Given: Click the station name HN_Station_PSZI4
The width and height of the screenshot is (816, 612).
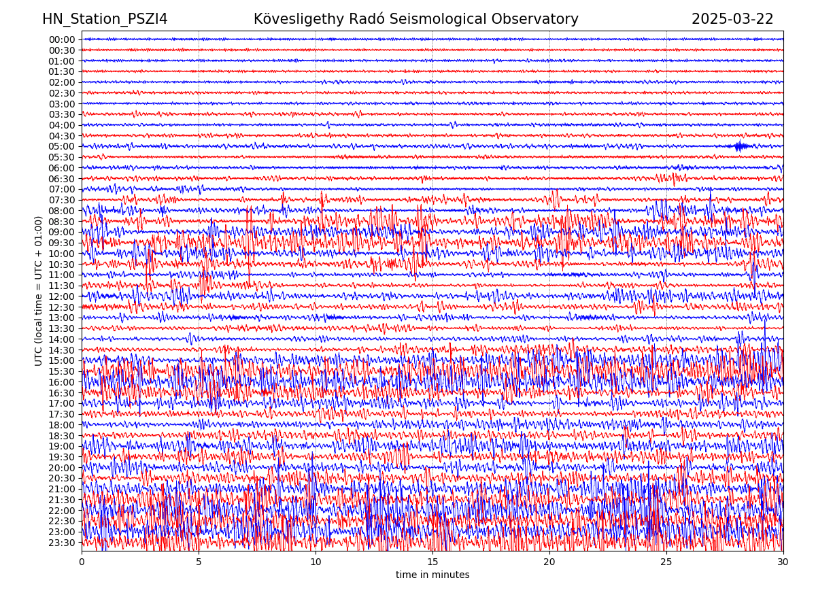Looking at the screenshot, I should (105, 19).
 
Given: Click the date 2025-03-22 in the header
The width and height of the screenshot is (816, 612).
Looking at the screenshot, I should (732, 19).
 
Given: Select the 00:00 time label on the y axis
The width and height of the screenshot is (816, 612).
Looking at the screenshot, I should (62, 39).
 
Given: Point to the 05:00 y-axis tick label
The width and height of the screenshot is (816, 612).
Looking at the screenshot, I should (62, 146).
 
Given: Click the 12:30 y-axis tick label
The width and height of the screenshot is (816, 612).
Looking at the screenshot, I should (62, 307).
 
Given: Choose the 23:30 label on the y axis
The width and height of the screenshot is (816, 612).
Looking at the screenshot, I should (62, 543).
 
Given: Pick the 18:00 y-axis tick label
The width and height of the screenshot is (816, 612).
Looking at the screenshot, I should (62, 425).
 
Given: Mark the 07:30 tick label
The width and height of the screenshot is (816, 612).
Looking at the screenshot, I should (62, 200).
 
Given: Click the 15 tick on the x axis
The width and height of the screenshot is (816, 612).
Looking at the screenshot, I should (432, 562).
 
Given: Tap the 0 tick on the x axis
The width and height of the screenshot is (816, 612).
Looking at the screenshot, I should (82, 562).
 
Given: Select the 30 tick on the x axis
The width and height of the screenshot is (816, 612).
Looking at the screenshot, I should (783, 562).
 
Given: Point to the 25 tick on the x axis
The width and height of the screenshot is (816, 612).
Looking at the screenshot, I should (666, 562).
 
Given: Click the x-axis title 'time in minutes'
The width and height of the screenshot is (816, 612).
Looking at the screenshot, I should (432, 575).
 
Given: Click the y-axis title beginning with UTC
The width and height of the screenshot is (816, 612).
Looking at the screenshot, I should (39, 290).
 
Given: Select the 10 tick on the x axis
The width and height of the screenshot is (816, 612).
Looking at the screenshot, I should (316, 562).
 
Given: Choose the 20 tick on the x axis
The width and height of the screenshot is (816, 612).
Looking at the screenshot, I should (549, 562).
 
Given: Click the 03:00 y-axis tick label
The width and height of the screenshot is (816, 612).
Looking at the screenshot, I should (62, 104).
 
